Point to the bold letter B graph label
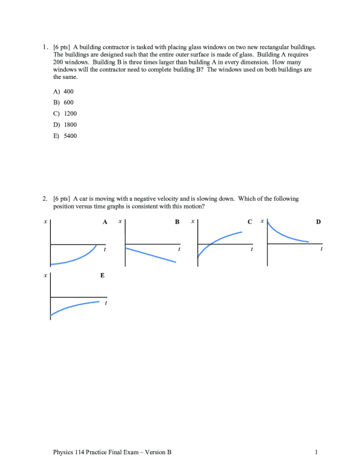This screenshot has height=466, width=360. (176, 222)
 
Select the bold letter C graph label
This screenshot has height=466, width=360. (249, 222)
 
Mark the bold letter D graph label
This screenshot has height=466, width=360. (318, 222)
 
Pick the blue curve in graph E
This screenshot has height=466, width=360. (75, 306)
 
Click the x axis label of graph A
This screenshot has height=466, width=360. (45, 222)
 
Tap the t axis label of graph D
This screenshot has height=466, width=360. (322, 250)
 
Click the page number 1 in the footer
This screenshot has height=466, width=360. (315, 452)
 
